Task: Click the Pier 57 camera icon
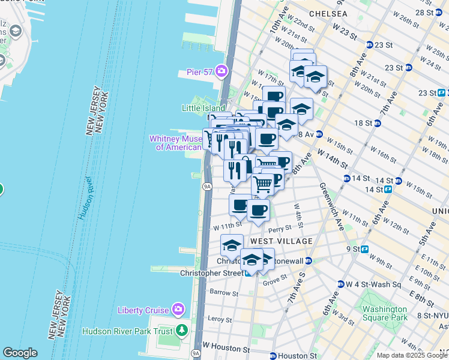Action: click(221, 72)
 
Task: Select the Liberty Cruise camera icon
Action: click(178, 310)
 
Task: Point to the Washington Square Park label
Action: click(385, 313)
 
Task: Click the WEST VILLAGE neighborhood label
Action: click(281, 241)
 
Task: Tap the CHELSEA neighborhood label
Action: click(328, 13)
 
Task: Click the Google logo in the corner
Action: click(20, 353)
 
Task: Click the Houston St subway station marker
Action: click(273, 356)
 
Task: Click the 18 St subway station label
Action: click(364, 123)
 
